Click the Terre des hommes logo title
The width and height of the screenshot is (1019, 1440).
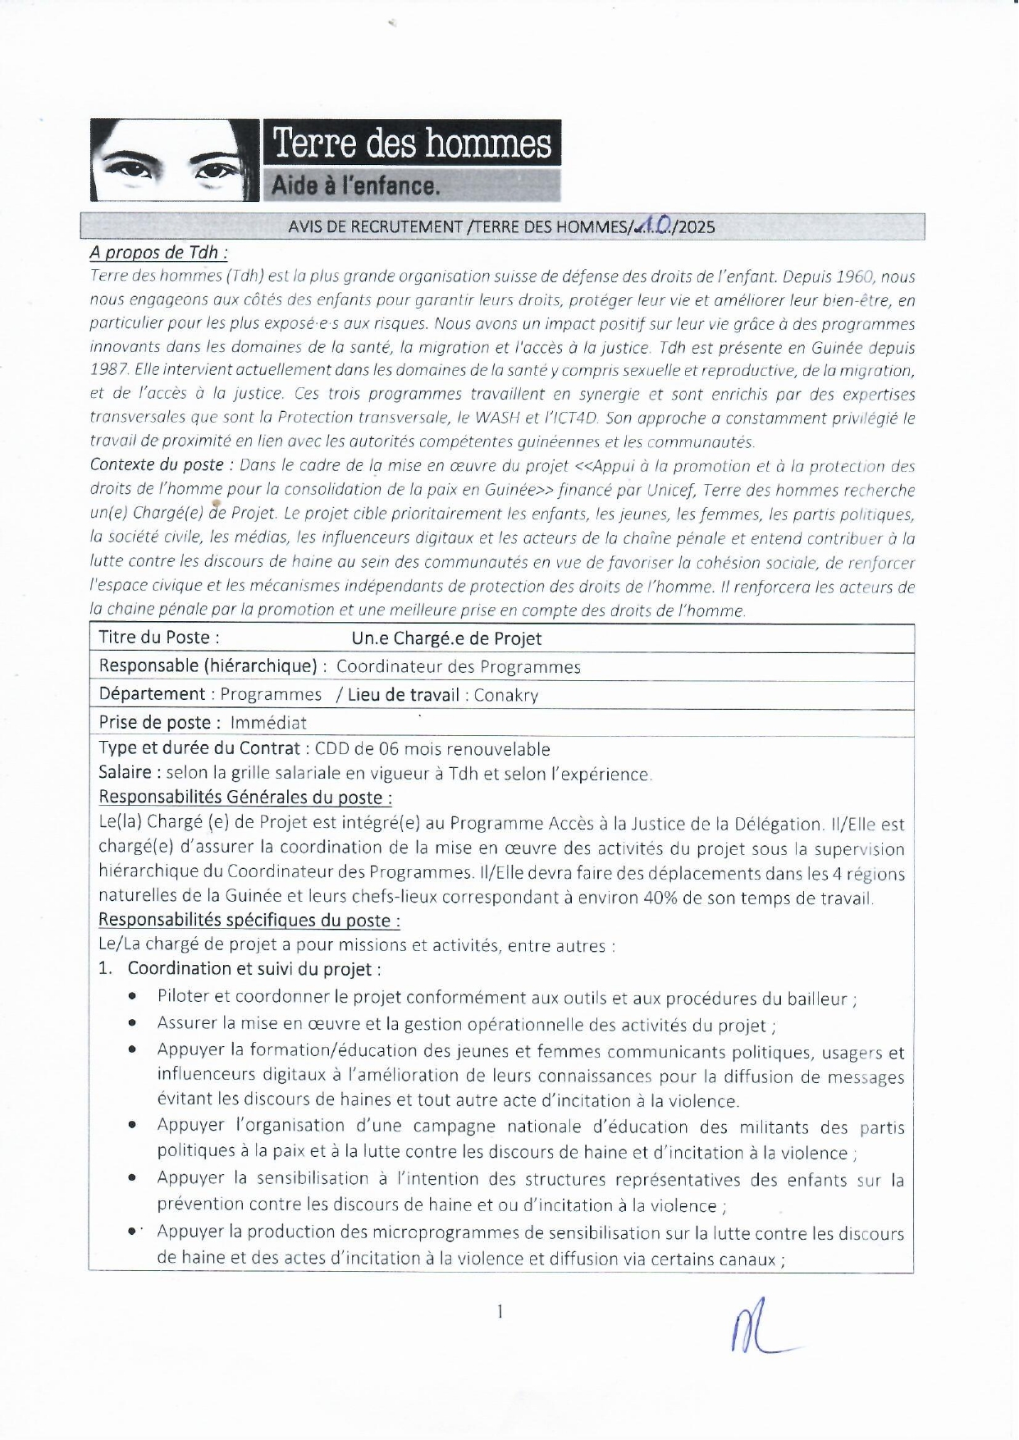(x=411, y=144)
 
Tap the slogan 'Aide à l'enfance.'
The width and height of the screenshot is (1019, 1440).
(x=355, y=186)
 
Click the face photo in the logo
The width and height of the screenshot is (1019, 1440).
(x=174, y=161)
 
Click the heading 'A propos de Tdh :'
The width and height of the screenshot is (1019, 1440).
(x=159, y=252)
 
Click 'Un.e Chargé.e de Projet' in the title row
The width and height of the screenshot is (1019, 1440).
(x=446, y=638)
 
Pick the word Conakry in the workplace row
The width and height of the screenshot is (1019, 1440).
(x=506, y=696)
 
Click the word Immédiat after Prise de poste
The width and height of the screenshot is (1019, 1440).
(x=268, y=724)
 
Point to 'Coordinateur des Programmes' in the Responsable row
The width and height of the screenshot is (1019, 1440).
(x=458, y=667)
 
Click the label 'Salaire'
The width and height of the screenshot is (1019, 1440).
(x=126, y=773)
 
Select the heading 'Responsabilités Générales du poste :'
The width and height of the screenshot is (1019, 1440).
(x=245, y=798)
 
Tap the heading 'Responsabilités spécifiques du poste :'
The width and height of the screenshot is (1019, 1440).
(x=249, y=921)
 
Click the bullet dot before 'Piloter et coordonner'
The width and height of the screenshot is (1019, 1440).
(x=132, y=998)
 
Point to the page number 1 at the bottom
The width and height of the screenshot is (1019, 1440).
(x=500, y=1312)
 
